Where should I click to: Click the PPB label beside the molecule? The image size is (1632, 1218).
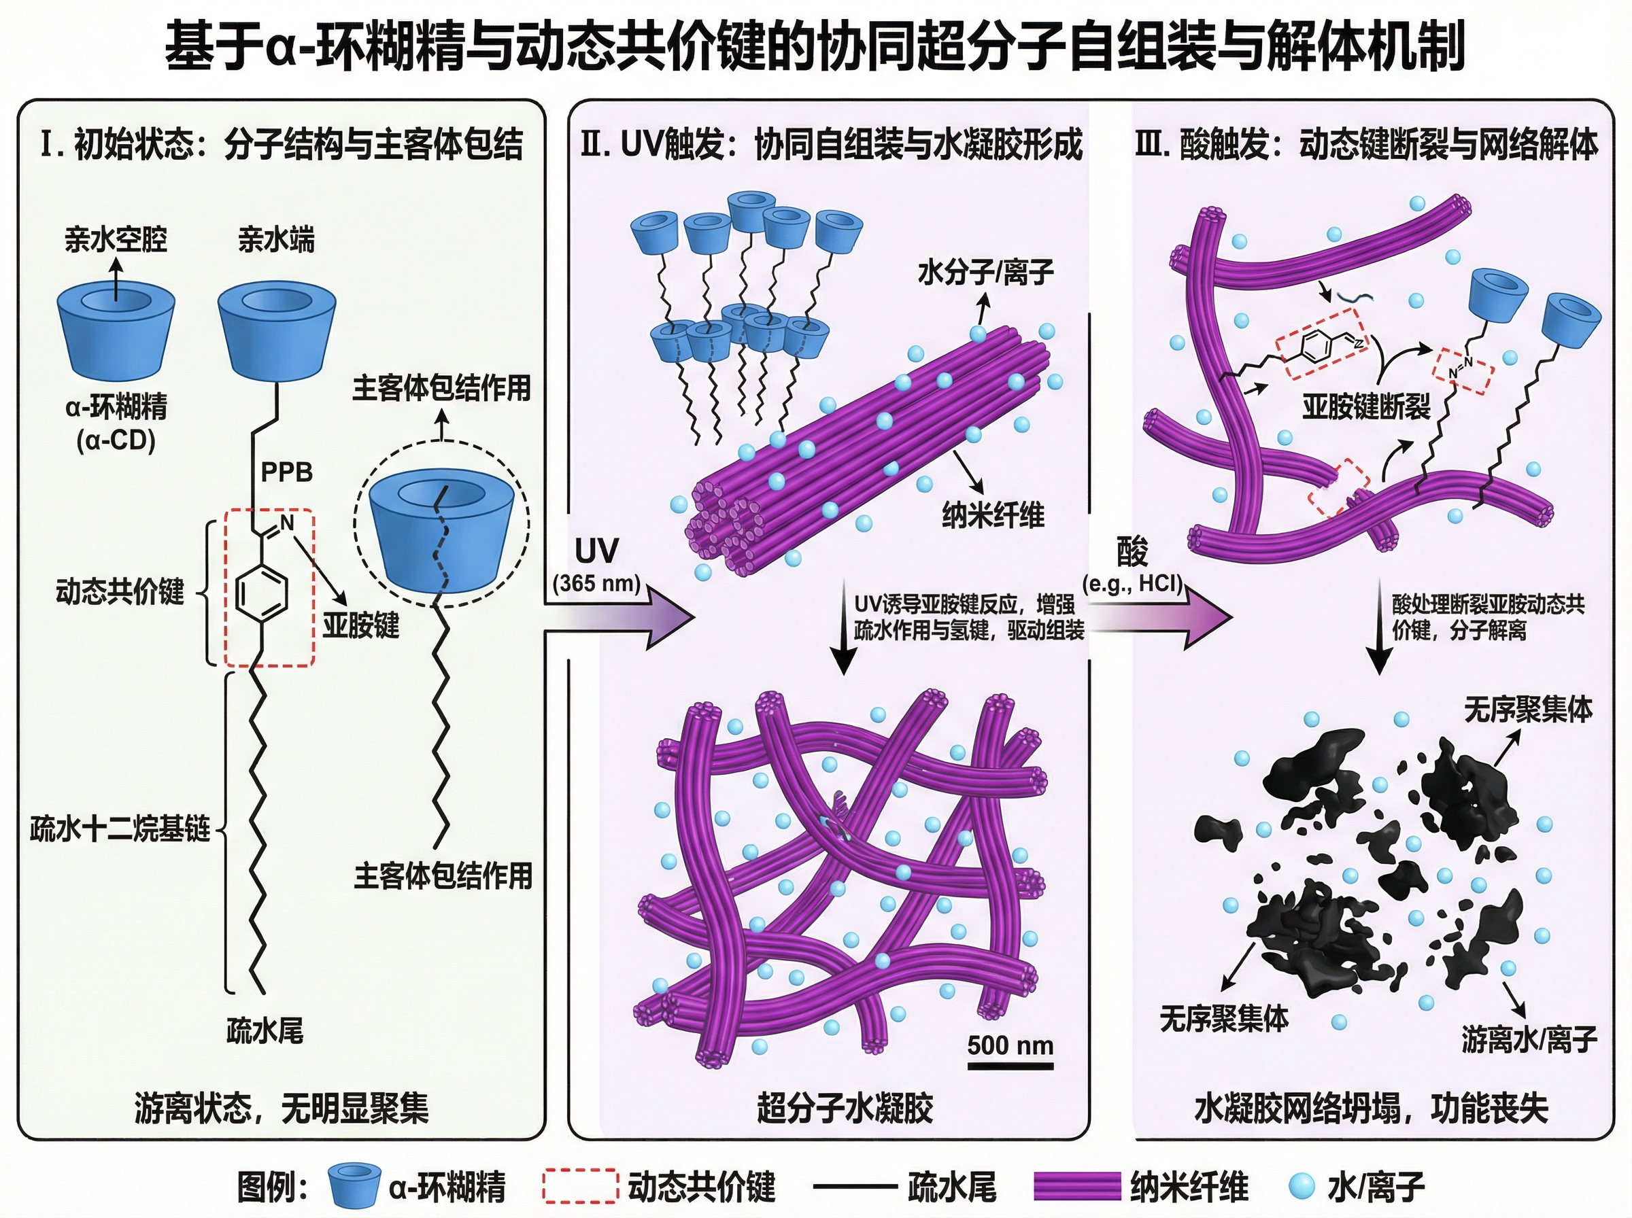coord(287,472)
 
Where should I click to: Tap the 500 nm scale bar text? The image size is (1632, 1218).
coord(1010,1045)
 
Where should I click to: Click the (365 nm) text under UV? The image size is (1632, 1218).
coord(596,583)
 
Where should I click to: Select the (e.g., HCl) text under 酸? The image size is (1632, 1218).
coord(1132,583)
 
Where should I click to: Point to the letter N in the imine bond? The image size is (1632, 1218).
coord(287,522)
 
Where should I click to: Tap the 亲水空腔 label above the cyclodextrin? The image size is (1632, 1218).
coord(116,240)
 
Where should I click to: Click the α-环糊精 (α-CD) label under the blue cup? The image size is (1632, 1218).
coord(116,423)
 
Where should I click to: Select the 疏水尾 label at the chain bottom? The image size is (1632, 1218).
coord(264,1030)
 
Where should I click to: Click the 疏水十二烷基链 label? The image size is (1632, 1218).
coord(120,829)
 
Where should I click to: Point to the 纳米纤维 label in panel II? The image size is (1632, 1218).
coord(993,515)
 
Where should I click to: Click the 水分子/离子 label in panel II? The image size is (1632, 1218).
coord(985,273)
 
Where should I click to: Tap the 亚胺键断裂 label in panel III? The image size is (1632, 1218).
coord(1365,406)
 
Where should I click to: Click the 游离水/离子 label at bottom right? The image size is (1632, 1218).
coord(1529,1039)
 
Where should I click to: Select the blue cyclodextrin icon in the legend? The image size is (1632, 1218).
coord(354,1185)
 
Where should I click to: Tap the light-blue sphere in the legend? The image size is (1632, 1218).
coord(1302,1186)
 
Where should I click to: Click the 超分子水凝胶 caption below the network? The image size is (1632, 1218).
coord(845,1108)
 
